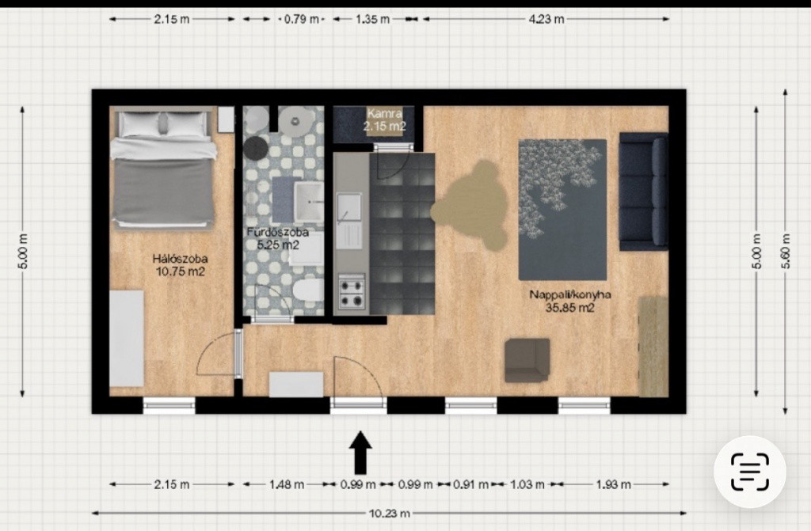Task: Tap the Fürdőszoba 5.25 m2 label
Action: (x=278, y=238)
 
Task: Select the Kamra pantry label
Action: (x=384, y=119)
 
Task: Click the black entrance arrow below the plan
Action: (x=360, y=453)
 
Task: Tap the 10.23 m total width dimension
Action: (x=390, y=514)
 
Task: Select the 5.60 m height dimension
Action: (x=785, y=252)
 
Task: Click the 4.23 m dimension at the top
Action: (x=546, y=19)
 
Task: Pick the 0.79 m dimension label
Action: (x=302, y=20)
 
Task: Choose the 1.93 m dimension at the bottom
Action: (x=614, y=484)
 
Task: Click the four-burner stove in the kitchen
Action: (x=352, y=292)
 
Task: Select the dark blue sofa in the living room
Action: (x=643, y=192)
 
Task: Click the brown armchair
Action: (x=527, y=360)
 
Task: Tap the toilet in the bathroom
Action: (x=308, y=290)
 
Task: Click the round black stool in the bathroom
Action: (x=256, y=149)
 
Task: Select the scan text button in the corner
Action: (x=750, y=472)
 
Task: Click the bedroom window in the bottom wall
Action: (x=169, y=405)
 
